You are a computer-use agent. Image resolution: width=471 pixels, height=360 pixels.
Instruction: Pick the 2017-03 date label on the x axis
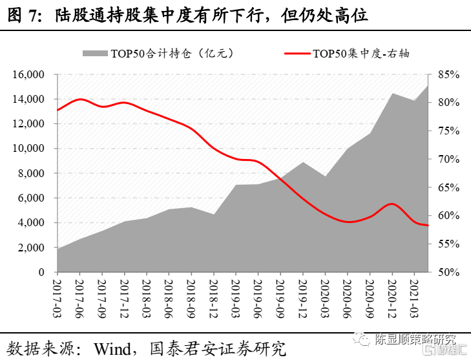tap(57, 294)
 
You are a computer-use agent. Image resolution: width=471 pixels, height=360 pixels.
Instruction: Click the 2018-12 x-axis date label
tap(213, 294)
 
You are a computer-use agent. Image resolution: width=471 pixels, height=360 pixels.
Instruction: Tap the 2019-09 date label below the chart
tap(279, 294)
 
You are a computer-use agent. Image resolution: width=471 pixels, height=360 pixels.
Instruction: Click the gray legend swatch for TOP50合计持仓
tap(96, 53)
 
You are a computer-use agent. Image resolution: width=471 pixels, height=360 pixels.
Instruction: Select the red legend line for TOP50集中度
tap(297, 53)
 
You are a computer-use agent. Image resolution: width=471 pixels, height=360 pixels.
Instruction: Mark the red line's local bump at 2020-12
tap(391, 204)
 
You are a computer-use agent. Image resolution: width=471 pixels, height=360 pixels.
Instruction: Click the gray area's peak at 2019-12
tap(302, 162)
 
